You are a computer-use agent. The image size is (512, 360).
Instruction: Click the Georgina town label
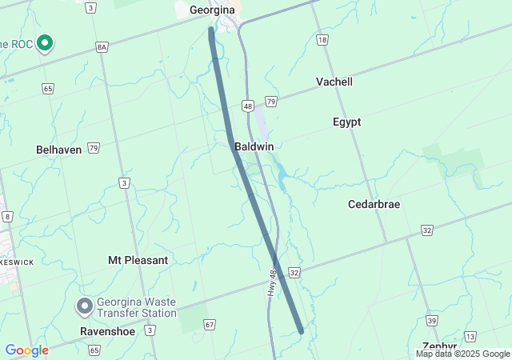212,10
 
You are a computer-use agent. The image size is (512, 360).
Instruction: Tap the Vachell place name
334,82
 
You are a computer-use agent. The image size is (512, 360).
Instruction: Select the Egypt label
346,122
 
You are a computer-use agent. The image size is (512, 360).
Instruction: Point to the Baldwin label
254,147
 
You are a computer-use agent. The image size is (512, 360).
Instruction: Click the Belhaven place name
59,150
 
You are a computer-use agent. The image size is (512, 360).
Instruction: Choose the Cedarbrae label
374,204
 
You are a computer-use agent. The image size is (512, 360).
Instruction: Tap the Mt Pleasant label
138,260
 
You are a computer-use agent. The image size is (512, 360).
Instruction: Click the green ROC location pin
46,42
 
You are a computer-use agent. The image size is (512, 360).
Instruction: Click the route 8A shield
102,47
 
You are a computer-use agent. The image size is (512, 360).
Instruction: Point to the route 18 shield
322,39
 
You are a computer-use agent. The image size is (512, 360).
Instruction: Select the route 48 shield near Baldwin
248,106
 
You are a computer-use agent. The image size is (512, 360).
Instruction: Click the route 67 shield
210,324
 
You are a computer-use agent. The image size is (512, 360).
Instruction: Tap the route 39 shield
431,320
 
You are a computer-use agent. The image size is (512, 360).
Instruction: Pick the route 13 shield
470,336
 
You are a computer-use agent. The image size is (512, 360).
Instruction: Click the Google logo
26,350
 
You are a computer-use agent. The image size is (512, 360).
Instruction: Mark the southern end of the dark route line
301,330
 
